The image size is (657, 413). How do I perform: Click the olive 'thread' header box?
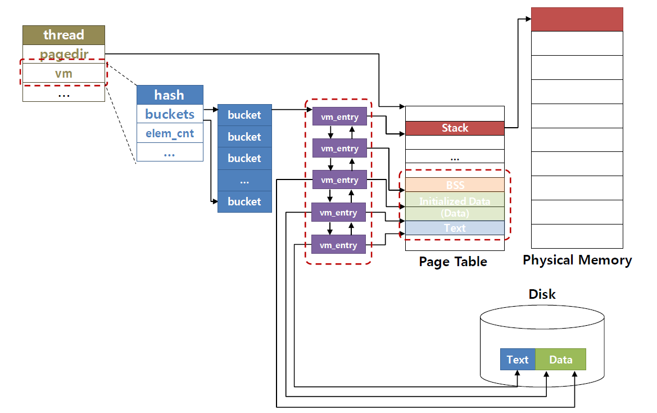[x=64, y=35]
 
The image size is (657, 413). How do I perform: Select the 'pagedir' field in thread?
[x=64, y=54]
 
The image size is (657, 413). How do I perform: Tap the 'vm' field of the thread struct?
[x=64, y=73]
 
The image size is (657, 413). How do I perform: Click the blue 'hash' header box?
[x=170, y=95]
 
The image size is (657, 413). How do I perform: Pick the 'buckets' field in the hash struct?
[x=170, y=114]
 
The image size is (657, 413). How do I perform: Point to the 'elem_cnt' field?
[x=170, y=133]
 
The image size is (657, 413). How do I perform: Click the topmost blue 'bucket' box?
[x=244, y=115]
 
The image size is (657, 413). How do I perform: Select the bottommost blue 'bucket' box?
[x=244, y=201]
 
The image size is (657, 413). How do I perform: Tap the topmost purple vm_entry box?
[x=339, y=117]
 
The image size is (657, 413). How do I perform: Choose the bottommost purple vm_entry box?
[x=339, y=245]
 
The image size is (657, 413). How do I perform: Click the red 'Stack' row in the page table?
[x=455, y=128]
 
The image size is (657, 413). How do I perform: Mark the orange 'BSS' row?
[x=455, y=185]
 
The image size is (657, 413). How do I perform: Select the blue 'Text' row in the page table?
[x=455, y=228]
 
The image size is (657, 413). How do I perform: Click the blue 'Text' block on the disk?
[x=518, y=359]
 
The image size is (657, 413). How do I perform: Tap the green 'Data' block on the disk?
[x=560, y=359]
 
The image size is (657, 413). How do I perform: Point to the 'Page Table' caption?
[x=453, y=262]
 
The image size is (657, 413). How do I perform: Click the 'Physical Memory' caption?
[x=577, y=260]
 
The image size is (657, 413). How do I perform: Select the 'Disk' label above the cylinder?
[x=542, y=294]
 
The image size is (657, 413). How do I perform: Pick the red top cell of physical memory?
[x=577, y=19]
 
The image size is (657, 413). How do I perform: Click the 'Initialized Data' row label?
[x=455, y=201]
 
